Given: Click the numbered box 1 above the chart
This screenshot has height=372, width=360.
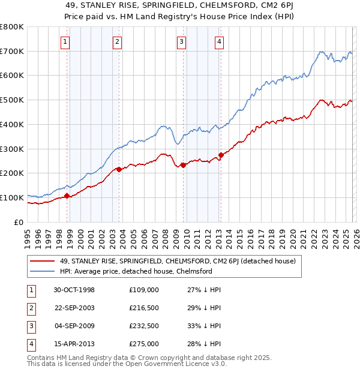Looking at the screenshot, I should [65, 41].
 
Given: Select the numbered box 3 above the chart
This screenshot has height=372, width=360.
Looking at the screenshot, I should [181, 41].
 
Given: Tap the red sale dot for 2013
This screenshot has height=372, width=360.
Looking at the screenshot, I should [221, 155].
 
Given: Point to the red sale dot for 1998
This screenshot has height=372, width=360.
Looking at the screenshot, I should [67, 196].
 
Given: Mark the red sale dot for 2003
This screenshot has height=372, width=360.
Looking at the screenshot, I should [119, 169].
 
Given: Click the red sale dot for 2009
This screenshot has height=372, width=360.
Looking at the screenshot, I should [183, 165].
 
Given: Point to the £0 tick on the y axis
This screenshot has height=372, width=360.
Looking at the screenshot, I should [19, 222].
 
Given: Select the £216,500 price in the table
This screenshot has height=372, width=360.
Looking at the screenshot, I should [144, 308].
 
